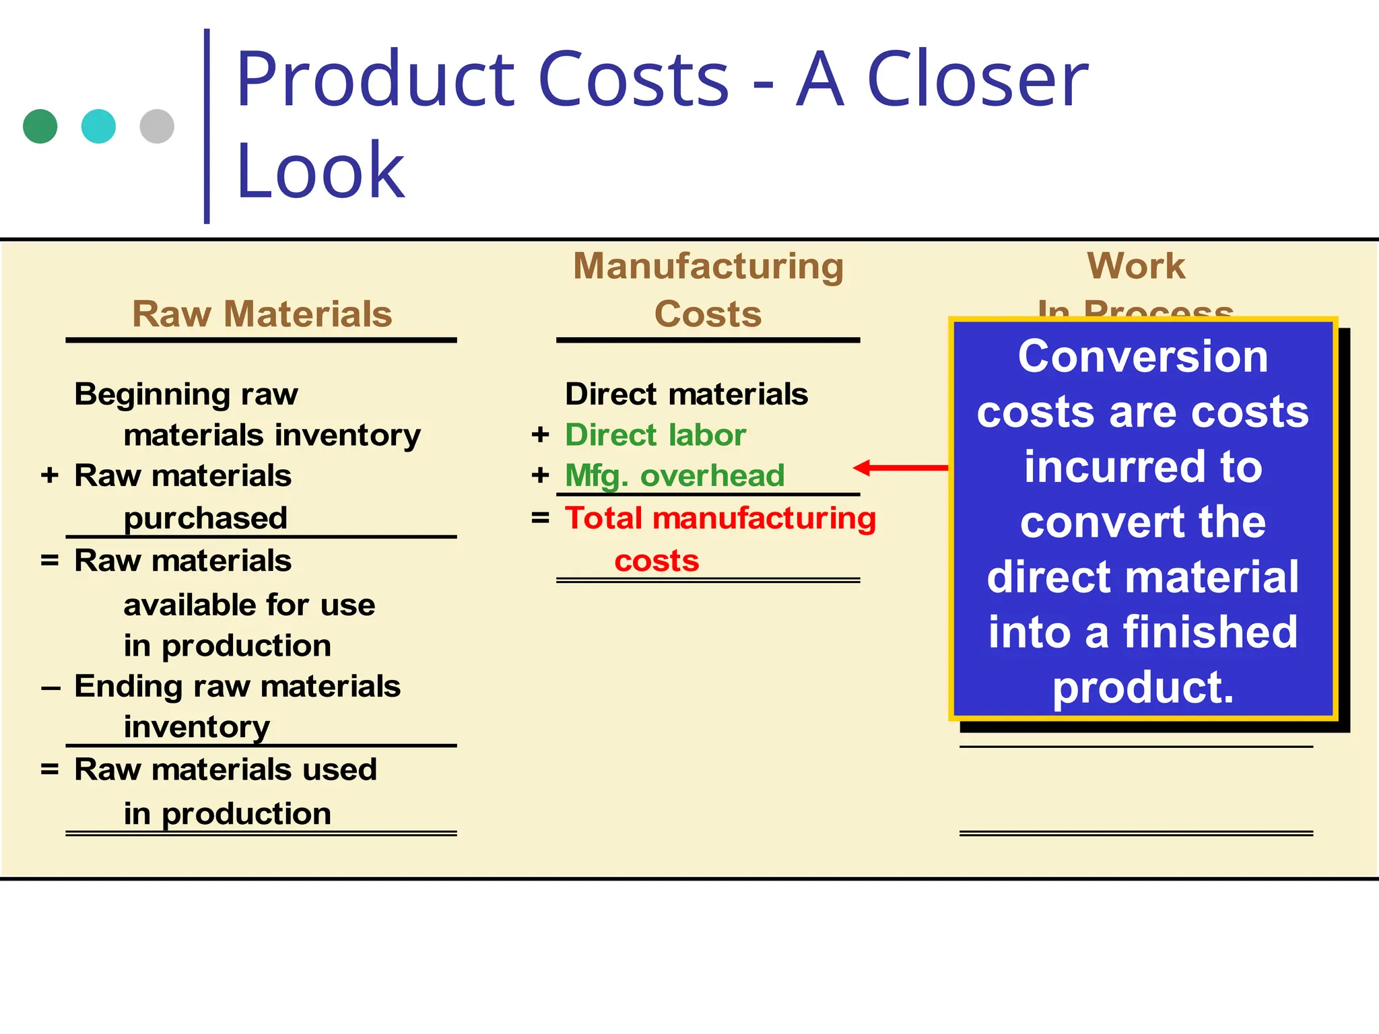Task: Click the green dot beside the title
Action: point(40,127)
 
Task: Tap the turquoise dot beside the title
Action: point(98,127)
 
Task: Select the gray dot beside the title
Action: point(157,127)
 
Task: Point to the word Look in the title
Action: point(321,171)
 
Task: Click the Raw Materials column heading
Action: point(262,314)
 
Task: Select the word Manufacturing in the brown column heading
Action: point(708,266)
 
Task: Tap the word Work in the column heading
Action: point(1136,266)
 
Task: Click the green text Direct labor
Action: point(655,435)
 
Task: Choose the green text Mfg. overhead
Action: point(675,476)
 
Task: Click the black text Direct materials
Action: point(686,394)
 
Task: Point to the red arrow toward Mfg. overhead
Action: point(900,467)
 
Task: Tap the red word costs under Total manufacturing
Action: point(657,561)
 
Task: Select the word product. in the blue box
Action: point(1143,687)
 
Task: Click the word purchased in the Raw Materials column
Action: point(205,518)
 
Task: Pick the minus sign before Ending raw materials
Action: point(51,688)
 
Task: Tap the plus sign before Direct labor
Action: point(540,435)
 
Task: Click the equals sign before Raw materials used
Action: point(50,769)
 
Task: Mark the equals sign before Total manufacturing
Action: point(540,518)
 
